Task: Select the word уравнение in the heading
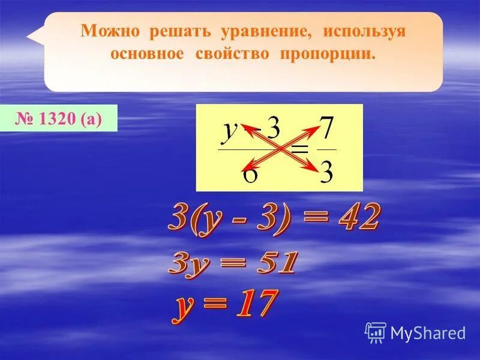point(243,31)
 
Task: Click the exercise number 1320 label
point(67,119)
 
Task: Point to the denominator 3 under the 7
point(326,171)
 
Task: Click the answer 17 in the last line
point(252,303)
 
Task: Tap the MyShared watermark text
point(428,332)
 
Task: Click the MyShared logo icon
point(376,332)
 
